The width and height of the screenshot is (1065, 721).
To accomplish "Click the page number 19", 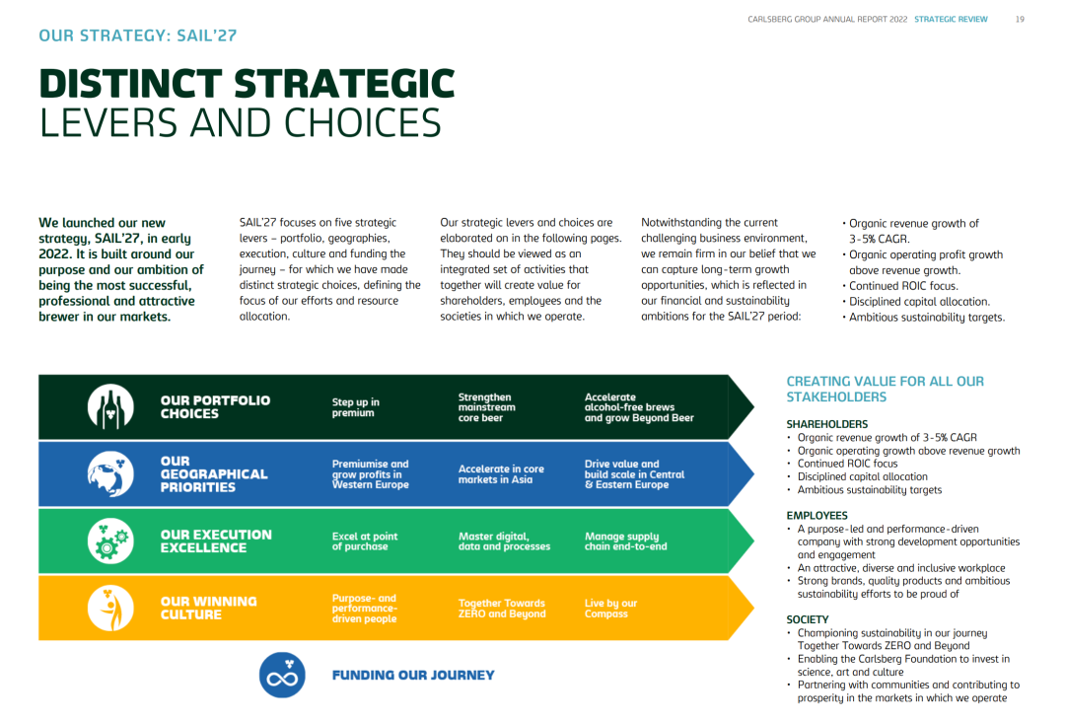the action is point(1020,19).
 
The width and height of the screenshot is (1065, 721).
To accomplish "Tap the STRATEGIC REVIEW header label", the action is point(951,19).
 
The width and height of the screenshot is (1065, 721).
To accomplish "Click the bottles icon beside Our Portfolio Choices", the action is point(110,407).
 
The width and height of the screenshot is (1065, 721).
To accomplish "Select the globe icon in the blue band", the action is point(110,473).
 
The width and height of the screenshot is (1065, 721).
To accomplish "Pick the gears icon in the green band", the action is point(110,541).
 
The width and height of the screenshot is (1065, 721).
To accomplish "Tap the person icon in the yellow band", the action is point(110,608).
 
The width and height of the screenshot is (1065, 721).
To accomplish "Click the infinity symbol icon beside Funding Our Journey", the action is point(282,675).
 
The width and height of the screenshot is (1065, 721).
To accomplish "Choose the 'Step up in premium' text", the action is point(356,407).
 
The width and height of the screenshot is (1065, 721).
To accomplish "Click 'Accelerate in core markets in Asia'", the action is point(501,473).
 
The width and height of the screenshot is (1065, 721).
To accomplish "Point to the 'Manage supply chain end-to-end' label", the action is point(625,541).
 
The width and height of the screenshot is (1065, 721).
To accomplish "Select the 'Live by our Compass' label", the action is point(610,609).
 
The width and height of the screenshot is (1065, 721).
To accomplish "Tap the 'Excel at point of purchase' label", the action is point(365,541).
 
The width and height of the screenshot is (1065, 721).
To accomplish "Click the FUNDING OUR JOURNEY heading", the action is point(413,675).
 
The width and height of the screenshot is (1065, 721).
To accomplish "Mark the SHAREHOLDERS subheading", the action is point(827,424).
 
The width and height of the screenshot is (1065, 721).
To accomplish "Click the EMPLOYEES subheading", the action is point(817,515).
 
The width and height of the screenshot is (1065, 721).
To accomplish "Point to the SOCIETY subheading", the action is point(808,619).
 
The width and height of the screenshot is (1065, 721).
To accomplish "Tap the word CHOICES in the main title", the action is point(363,123).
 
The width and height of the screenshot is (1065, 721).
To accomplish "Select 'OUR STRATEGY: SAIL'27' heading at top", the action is point(138,36).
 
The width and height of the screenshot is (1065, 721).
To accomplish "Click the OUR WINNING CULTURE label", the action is point(208,609).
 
